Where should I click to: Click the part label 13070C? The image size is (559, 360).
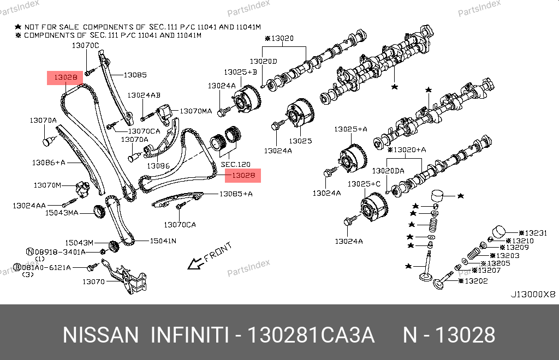86,46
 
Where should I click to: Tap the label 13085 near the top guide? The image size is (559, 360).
135,75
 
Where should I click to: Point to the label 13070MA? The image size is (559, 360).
195,111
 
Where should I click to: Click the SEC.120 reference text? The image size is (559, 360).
235,164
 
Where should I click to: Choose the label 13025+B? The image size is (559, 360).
240,72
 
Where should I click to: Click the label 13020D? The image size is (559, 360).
264,61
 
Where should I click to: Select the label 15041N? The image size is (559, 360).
163,240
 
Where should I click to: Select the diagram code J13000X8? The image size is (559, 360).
532,294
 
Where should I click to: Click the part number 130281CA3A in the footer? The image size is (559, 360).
311,335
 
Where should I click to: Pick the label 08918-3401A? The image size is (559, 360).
61,252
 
